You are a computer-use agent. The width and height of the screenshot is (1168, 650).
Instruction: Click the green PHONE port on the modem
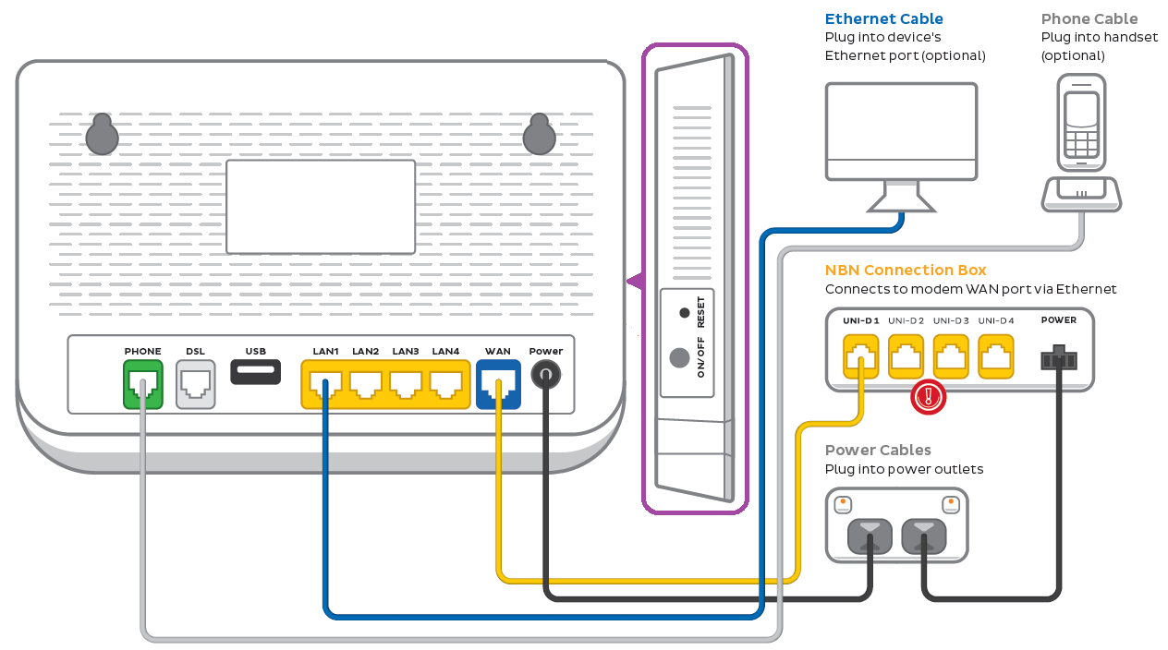coord(142,384)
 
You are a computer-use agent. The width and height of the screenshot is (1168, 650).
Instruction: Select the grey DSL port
coord(195,384)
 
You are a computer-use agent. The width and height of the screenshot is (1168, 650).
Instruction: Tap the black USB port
coord(255,372)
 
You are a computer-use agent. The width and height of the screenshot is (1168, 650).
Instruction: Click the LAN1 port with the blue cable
coord(325,384)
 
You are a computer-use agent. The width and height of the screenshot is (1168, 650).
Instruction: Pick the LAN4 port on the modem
coord(445,384)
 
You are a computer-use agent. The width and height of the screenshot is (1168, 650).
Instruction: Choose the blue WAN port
coord(498,384)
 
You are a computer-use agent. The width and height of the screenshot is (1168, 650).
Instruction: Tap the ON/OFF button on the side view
coord(681,357)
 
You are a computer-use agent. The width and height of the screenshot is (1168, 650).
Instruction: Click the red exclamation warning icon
coord(929,397)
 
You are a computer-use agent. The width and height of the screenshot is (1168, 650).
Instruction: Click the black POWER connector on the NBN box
coord(1058,358)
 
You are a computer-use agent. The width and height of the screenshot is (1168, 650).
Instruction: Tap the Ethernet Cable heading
coord(883,18)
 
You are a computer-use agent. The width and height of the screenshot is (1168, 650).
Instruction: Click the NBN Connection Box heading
coord(905,271)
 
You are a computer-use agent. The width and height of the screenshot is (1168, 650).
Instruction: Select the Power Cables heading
coord(877,451)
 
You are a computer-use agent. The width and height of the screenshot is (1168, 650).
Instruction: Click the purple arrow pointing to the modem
coord(635,281)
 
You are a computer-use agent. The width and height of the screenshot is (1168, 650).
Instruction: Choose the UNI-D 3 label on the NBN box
coord(951,320)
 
